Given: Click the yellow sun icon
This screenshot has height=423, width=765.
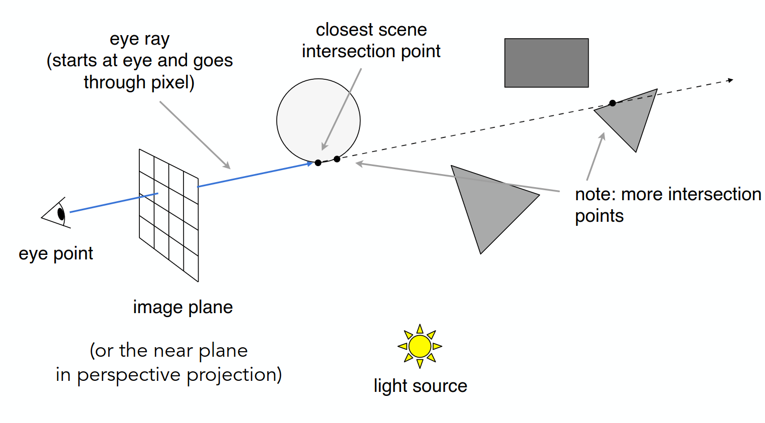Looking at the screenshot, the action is tap(420, 346).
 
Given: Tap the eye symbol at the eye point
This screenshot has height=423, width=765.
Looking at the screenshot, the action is tap(56, 213).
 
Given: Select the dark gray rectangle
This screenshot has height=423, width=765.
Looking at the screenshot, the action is tap(546, 63).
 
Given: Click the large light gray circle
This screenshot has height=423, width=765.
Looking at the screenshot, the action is tap(318, 120).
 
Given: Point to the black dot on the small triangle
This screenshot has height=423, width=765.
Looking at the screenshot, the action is tap(613, 103).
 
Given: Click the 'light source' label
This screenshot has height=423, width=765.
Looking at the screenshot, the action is tap(421, 386).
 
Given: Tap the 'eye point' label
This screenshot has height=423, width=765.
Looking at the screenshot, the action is tap(56, 254).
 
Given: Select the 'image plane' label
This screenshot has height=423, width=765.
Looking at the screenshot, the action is tap(182, 307).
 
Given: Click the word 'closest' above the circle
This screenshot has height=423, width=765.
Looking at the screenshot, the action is tap(343, 30).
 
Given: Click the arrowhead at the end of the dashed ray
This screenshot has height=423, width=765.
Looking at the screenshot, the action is tap(730, 80).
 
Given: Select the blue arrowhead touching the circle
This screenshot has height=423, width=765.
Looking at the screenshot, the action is tap(310, 164).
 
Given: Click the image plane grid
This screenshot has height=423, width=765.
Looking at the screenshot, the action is tap(169, 215).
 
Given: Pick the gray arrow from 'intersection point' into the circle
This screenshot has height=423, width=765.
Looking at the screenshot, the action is tap(341, 109).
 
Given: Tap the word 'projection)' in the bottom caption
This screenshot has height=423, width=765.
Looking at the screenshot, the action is tap(234, 375).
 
